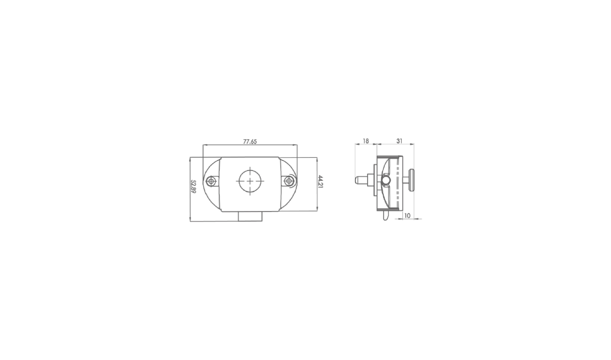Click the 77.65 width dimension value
[x=250, y=141]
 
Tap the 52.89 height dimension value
[x=193, y=187]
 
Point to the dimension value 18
[x=366, y=141]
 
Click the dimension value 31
[x=399, y=141]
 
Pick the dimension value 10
[x=407, y=216]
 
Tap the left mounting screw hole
[x=211, y=181]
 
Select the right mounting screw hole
[x=288, y=181]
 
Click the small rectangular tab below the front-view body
[x=250, y=216]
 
